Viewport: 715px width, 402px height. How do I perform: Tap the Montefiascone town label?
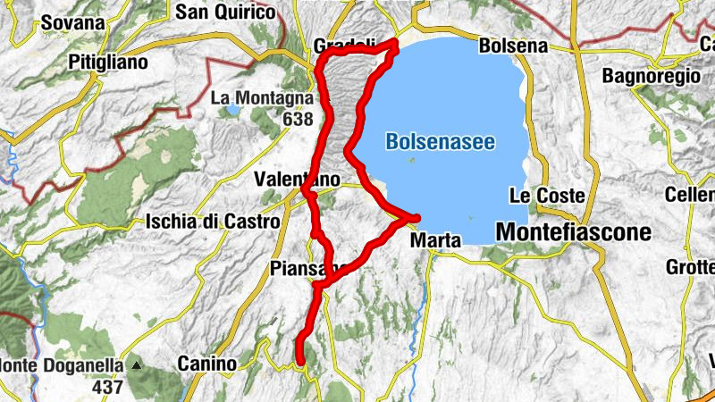(572, 231)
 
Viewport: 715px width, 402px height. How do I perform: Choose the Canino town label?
(206, 364)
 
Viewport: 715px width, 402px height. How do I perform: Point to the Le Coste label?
(559, 195)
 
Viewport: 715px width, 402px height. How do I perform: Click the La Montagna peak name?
(262, 98)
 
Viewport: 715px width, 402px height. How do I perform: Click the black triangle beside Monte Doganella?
(137, 365)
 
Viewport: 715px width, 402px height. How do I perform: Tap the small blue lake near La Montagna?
(231, 111)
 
